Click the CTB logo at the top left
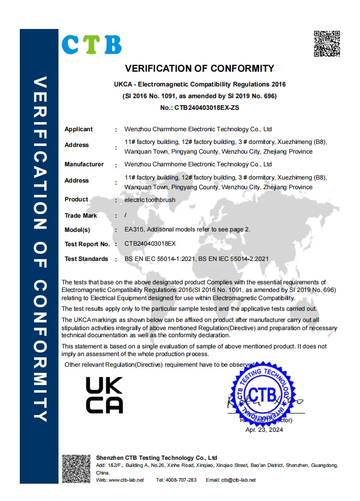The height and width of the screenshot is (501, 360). point(92,45)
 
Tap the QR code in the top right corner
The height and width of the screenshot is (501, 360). point(326,44)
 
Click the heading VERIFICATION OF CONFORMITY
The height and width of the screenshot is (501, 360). point(199,69)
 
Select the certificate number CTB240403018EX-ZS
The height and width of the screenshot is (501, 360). point(213,107)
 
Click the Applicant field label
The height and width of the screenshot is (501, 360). point(78,129)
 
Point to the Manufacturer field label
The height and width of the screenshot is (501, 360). point(84,164)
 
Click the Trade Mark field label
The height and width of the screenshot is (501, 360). point(80,216)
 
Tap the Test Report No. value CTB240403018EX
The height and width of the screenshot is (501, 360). point(150,244)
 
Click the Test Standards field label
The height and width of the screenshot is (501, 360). point(86,259)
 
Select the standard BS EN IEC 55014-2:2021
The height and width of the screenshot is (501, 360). point(233,259)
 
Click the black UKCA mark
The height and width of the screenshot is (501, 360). point(104,395)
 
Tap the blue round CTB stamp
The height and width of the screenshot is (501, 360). point(263,394)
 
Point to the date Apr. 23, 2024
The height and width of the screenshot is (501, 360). point(264,430)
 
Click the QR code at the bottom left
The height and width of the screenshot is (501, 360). point(76,468)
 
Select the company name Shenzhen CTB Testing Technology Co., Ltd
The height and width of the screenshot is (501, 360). point(157,458)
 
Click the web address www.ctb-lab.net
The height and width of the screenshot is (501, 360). point(126,480)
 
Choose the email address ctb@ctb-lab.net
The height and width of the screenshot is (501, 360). point(238,480)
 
